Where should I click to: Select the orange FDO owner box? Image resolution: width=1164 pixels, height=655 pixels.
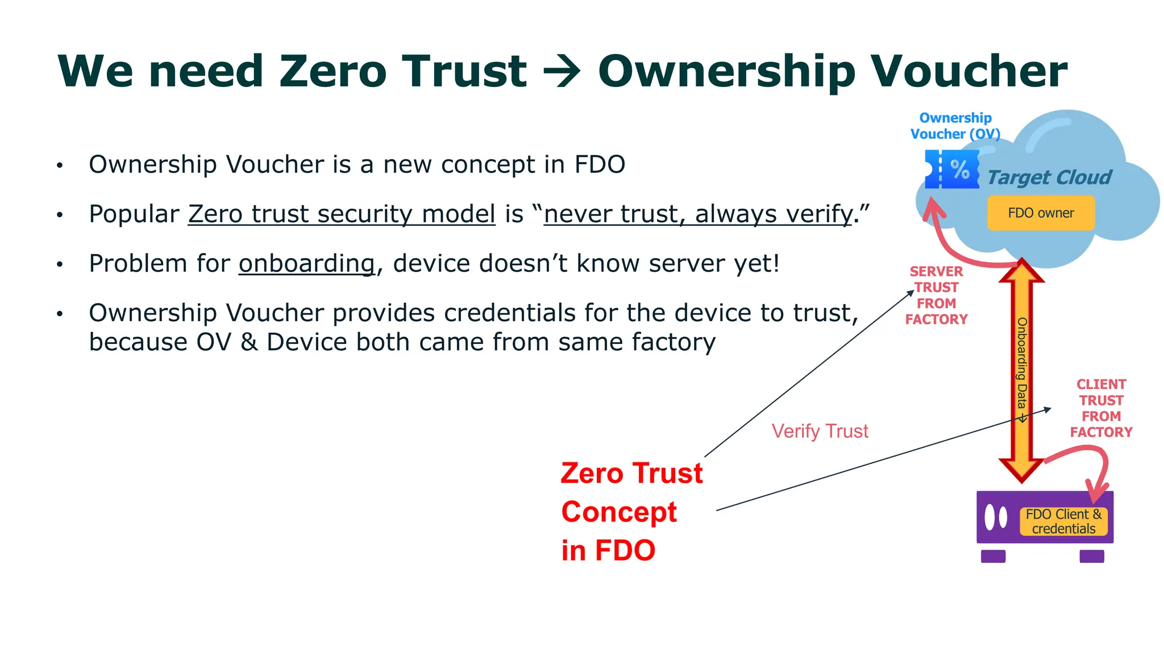[x=1041, y=213]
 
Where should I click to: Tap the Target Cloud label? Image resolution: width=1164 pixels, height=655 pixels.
[x=1049, y=177]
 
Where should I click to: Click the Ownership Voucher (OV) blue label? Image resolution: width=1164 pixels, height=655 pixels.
[x=955, y=126]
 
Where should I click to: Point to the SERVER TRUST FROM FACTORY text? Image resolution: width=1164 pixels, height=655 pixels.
[x=936, y=296]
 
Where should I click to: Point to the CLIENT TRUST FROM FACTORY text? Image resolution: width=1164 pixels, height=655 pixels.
[x=1101, y=408]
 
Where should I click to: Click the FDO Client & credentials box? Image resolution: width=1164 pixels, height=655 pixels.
[x=1063, y=521]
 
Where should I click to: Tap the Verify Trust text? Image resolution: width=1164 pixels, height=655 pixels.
[x=820, y=432]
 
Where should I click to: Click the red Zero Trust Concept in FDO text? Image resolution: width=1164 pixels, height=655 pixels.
[x=631, y=512]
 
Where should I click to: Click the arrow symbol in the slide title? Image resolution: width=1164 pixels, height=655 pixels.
[x=562, y=72]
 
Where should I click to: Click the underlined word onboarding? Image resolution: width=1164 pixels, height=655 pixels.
[x=306, y=264]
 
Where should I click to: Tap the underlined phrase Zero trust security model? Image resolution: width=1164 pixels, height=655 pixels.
[x=342, y=214]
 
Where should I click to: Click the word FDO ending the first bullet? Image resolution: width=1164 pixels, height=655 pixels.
[x=600, y=165]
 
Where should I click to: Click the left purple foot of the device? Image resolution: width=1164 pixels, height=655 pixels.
[x=993, y=556]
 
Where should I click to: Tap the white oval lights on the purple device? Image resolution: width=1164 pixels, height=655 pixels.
[x=995, y=517]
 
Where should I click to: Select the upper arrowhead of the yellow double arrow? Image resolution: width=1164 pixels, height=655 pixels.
[x=1021, y=272]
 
